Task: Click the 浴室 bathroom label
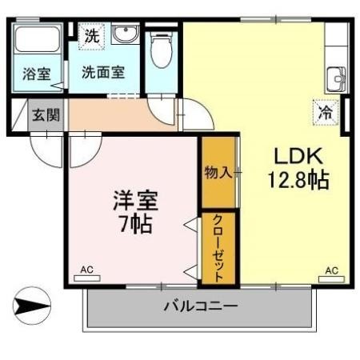point(36,74)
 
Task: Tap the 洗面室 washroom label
point(103,71)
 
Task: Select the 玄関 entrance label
point(46,114)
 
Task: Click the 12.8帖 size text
point(298,179)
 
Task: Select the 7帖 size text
point(134,223)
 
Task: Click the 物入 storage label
point(218,172)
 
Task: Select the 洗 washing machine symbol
point(94,36)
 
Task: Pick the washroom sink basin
point(125,35)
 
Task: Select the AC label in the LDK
point(332,270)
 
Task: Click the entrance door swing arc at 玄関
point(46,148)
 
